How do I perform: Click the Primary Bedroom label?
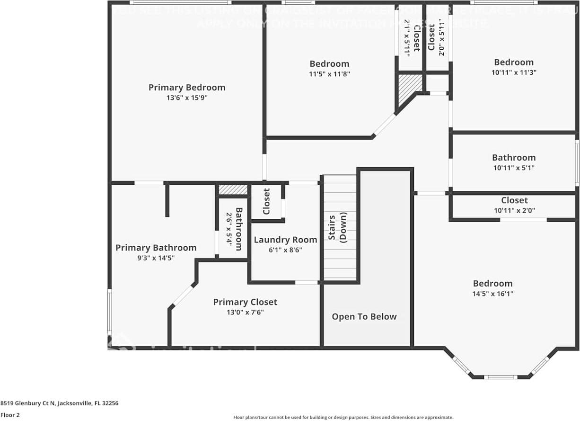tap(187, 88)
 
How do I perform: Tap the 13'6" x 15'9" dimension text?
tap(187, 98)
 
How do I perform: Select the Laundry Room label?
tap(285, 240)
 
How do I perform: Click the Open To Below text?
tap(364, 317)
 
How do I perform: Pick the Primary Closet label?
tap(245, 302)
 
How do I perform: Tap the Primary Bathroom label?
tap(156, 248)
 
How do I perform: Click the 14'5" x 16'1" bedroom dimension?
tap(492, 294)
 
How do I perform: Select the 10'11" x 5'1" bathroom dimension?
tap(513, 168)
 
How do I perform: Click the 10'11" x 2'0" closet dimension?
tap(514, 210)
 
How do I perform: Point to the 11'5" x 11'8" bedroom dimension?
tap(329, 74)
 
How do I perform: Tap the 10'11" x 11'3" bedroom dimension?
tap(513, 72)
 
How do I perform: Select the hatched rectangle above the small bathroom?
tap(233, 189)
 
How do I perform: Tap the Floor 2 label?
tap(10, 415)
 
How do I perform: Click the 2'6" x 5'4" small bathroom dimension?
tap(228, 229)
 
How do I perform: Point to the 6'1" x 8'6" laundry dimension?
tap(285, 250)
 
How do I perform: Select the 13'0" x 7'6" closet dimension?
tap(245, 313)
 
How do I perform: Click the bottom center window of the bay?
tap(500, 377)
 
